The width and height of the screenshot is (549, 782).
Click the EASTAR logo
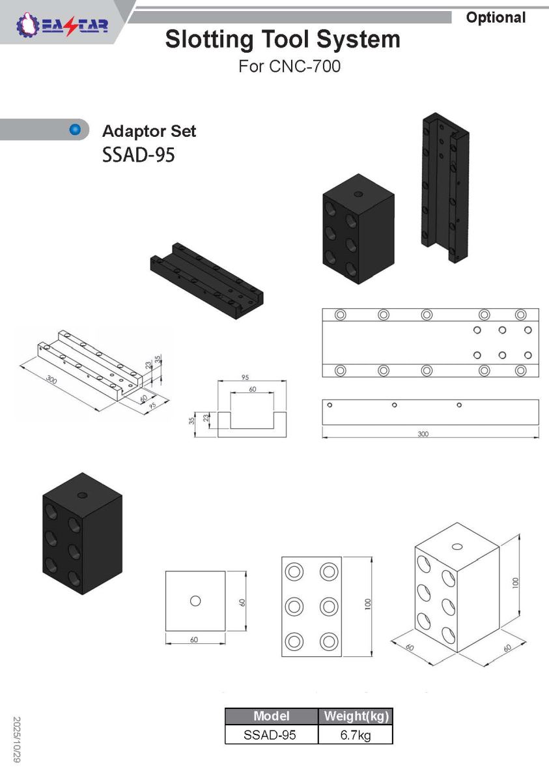point(62,25)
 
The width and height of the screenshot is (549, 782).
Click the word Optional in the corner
point(496,18)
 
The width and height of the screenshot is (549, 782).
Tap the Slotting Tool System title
point(283,39)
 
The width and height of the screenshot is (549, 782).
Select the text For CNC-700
point(290,66)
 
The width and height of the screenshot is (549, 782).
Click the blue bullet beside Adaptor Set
point(75,130)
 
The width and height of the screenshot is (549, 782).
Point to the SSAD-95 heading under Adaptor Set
point(139,154)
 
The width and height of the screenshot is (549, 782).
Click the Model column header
point(272,716)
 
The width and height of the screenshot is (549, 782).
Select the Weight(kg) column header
point(356,716)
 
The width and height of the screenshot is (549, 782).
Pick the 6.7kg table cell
point(356,735)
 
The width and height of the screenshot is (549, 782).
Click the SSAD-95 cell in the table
point(270,735)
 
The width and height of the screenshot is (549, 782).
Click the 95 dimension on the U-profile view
point(246,377)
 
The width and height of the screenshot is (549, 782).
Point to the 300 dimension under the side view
point(423,434)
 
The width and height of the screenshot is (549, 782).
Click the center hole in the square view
point(195,601)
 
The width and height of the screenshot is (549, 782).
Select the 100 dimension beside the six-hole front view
point(368,604)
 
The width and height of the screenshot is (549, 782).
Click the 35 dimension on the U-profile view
point(191,421)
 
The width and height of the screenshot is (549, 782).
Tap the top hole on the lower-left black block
point(82,495)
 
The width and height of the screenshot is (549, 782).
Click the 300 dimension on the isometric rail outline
point(51,379)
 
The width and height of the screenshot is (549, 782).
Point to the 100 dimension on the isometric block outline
point(516,583)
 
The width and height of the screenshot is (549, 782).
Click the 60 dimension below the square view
point(194,639)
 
